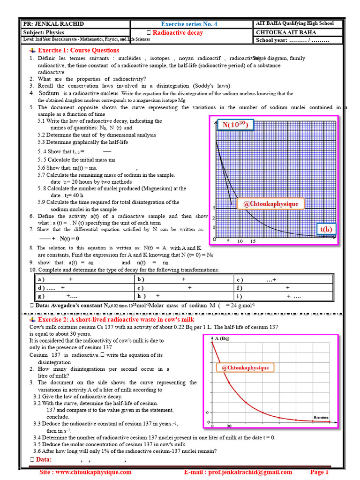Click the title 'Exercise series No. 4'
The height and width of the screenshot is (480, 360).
pos(189,24)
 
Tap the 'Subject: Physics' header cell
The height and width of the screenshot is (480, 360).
pos(44,32)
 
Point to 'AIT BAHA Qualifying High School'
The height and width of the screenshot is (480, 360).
pos(295,23)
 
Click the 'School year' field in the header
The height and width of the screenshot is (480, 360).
pos(292,40)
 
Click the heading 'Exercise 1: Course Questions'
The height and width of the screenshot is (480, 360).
pos(78,50)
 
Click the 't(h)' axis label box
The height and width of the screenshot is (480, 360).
pos(326,229)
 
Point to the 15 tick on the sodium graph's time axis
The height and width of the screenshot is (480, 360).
pos(252,241)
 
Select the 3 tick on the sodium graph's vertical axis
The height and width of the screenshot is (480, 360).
pos(214,208)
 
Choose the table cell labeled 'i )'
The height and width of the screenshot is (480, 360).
pos(240,296)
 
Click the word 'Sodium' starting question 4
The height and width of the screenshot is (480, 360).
pos(49,93)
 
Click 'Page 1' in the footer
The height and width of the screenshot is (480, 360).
pos(320,472)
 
